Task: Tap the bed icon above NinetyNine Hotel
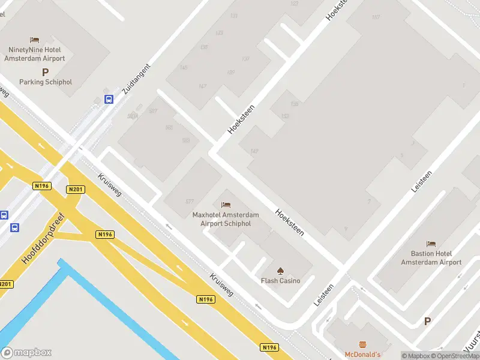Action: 35,40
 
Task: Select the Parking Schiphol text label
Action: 45,82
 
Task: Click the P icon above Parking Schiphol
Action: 45,71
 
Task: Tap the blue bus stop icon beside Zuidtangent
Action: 109,99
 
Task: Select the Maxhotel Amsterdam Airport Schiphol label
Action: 226,219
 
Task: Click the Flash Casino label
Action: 280,280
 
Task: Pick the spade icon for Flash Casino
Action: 280,269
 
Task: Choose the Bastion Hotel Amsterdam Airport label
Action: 431,258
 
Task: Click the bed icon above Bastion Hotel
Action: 431,244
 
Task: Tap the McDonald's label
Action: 362,355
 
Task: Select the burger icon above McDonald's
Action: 362,344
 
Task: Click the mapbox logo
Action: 26,352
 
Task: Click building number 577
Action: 190,201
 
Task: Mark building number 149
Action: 254,151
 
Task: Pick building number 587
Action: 153,111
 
